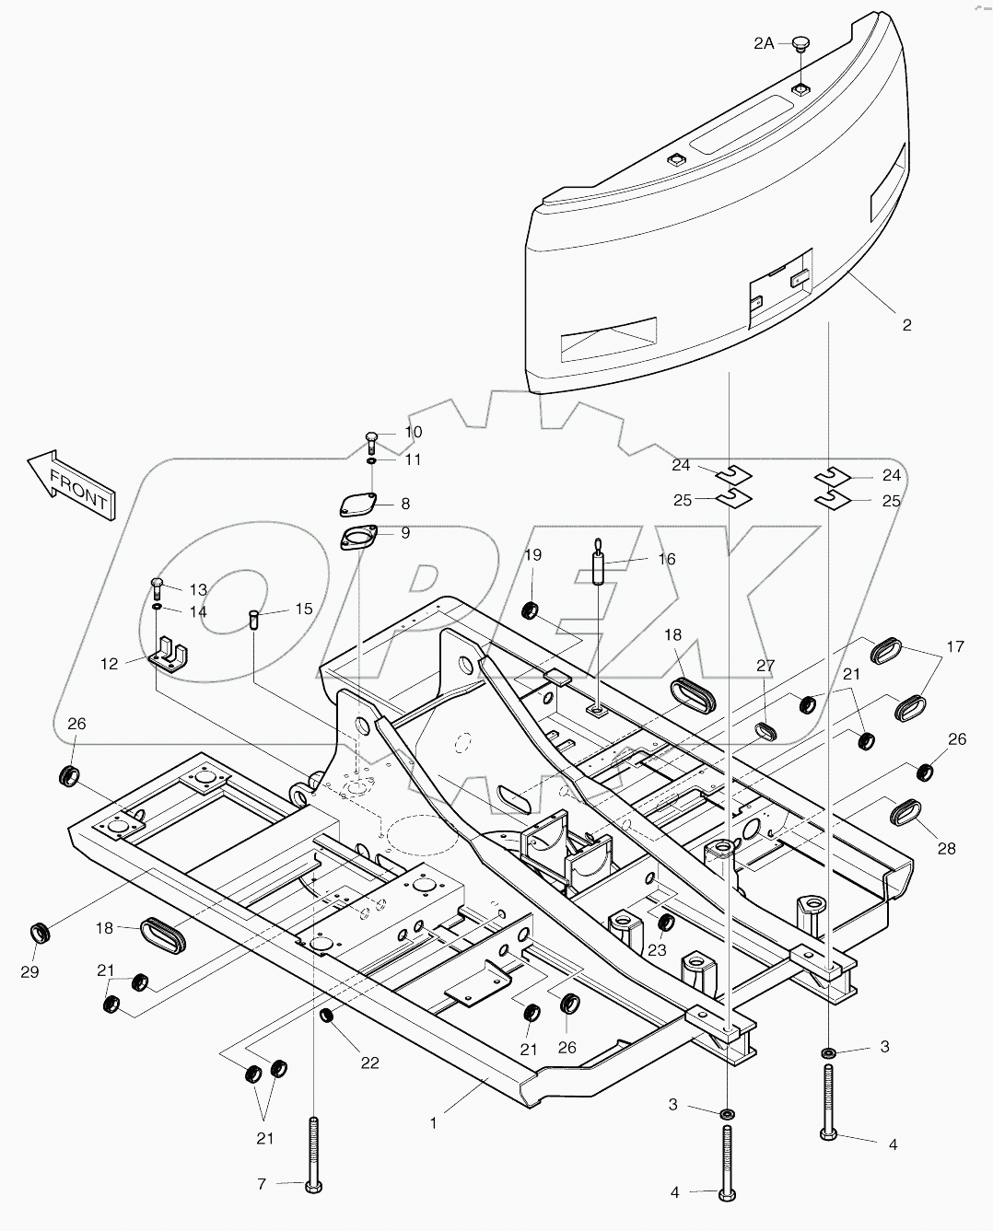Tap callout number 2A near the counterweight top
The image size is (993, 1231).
click(764, 42)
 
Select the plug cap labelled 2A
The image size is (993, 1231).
click(799, 43)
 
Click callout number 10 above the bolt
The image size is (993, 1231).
click(414, 433)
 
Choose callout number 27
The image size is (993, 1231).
click(766, 667)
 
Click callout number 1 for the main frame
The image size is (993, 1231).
click(434, 1123)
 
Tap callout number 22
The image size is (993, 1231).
click(369, 1063)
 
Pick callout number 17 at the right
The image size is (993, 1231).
click(955, 647)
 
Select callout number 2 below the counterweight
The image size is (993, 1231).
click(906, 325)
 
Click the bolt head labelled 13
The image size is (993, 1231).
click(158, 583)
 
